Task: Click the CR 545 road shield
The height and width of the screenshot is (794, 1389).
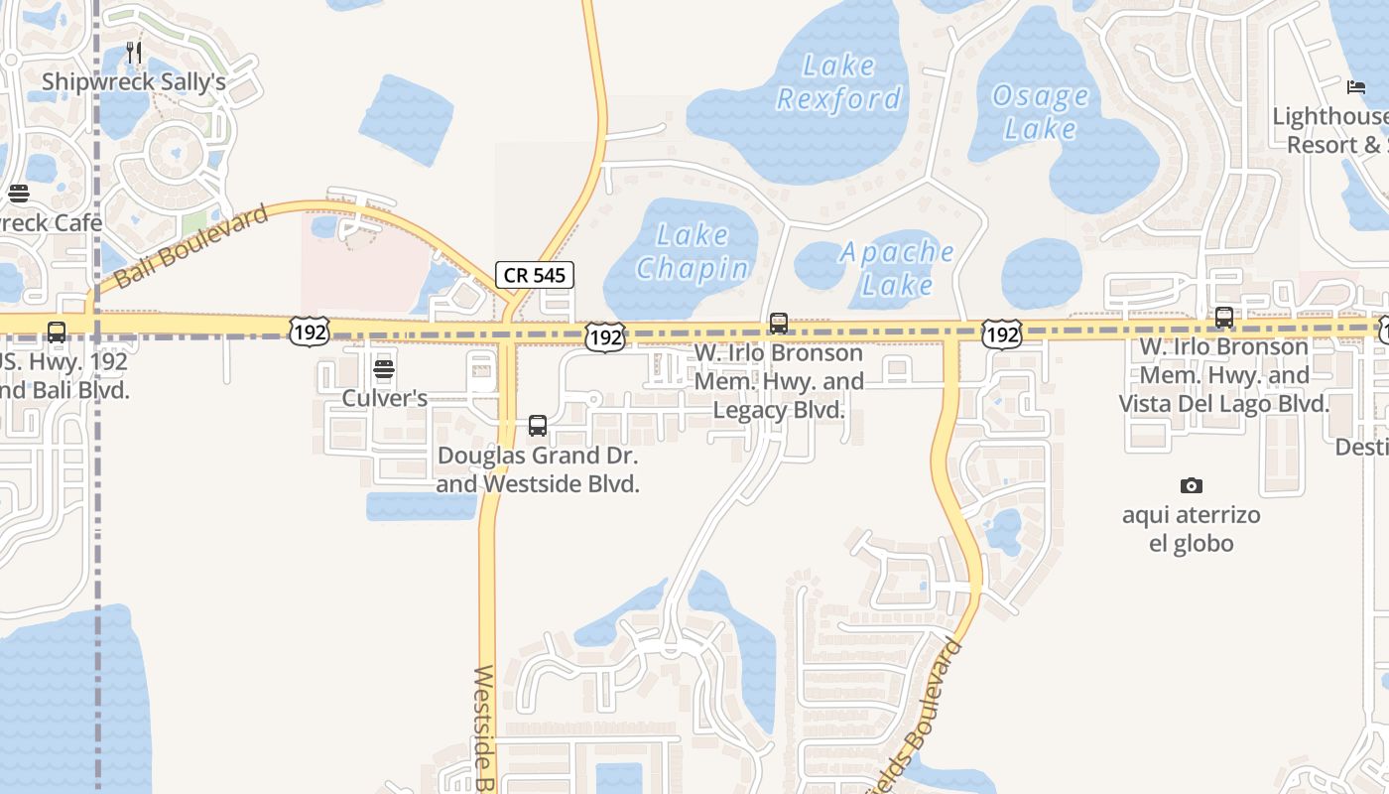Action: click(x=535, y=275)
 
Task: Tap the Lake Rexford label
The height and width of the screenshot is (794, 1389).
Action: click(x=839, y=82)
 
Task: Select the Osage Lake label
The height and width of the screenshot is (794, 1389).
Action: click(x=1041, y=112)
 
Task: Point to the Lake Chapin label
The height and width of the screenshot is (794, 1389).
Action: click(x=693, y=252)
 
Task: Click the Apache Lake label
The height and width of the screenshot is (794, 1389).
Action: click(x=897, y=268)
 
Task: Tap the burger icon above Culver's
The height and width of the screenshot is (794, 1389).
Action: click(x=384, y=370)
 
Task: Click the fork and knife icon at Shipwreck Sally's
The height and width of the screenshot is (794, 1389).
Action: click(x=135, y=53)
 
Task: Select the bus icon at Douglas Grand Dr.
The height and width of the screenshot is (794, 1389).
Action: click(x=538, y=426)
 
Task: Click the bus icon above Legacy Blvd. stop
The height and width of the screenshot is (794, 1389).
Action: click(x=779, y=324)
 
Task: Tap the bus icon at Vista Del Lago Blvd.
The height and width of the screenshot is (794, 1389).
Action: click(x=1224, y=318)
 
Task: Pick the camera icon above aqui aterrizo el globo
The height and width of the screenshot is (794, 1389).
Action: click(x=1192, y=485)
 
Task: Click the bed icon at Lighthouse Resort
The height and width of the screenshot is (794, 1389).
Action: click(x=1356, y=87)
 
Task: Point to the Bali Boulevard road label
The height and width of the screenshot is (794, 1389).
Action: click(x=191, y=246)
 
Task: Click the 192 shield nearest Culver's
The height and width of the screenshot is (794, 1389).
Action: click(x=310, y=331)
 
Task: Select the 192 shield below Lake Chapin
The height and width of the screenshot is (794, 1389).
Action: click(x=604, y=336)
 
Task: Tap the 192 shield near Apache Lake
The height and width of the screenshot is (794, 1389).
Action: click(x=1002, y=334)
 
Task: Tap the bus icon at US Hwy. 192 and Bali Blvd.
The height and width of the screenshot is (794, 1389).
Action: click(x=57, y=331)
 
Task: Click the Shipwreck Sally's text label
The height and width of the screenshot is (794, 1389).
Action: click(x=134, y=82)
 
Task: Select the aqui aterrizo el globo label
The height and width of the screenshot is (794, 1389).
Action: click(x=1191, y=529)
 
